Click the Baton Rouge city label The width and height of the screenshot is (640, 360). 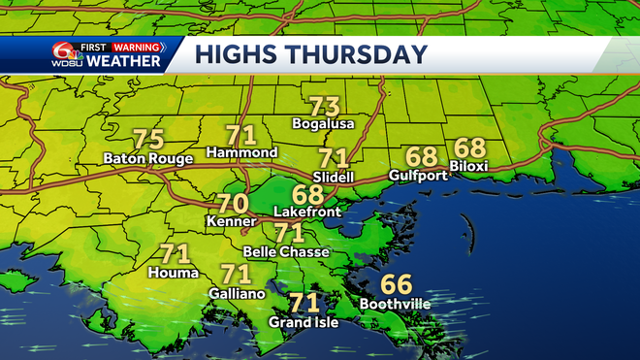click(147, 159)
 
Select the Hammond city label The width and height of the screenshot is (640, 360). click(242, 153)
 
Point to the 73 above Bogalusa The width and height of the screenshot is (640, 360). click(325, 106)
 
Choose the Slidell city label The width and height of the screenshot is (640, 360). click(334, 176)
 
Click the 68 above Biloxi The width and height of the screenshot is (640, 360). click(469, 148)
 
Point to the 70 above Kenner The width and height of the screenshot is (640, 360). click(232, 205)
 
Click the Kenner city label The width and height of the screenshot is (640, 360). click(232, 223)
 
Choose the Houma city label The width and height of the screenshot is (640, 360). click(175, 273)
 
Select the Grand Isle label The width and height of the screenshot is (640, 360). click(304, 322)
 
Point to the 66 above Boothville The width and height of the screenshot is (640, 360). click(396, 284)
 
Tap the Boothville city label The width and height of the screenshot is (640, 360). click(396, 304)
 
